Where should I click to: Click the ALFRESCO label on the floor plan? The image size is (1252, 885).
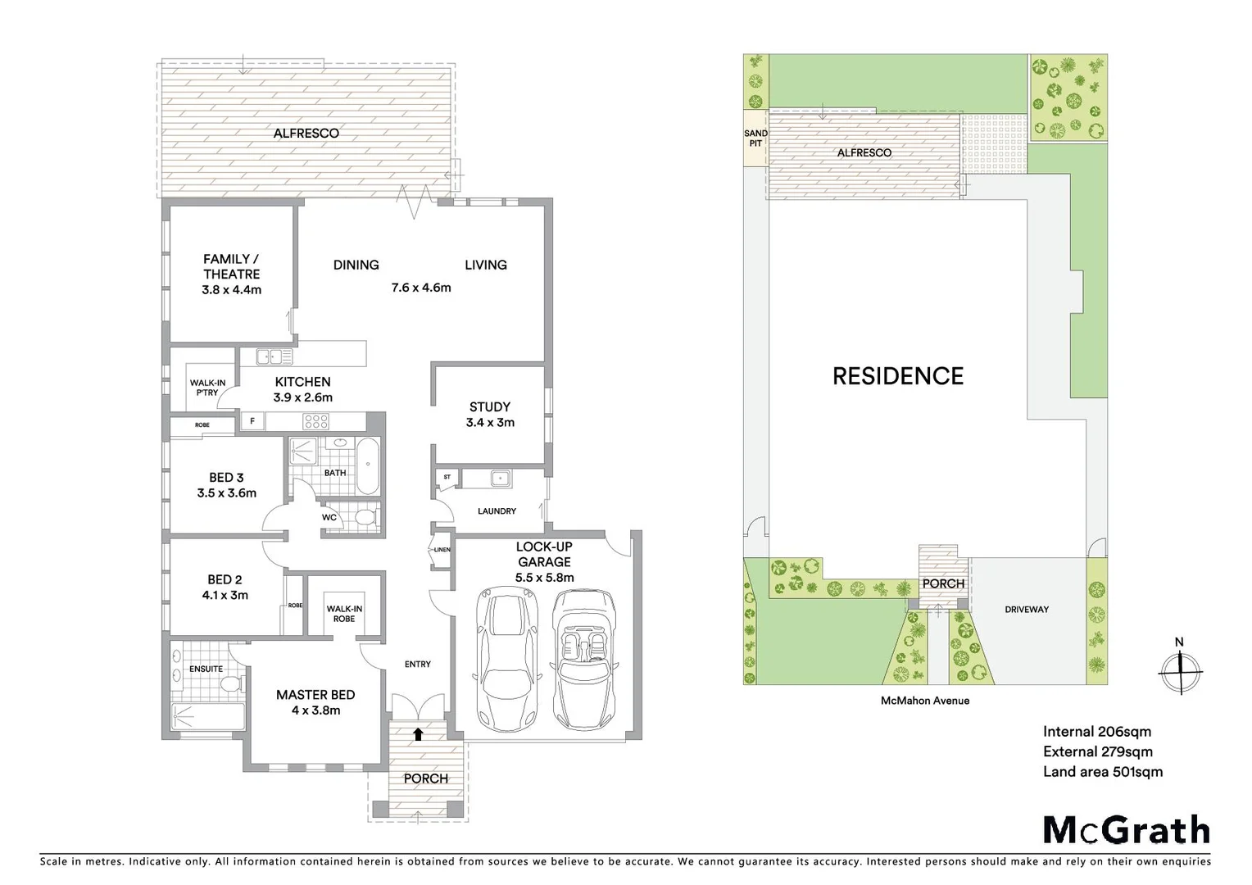click(x=306, y=133)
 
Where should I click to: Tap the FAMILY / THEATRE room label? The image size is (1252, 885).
click(x=231, y=274)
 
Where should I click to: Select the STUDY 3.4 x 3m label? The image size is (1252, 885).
click(x=490, y=415)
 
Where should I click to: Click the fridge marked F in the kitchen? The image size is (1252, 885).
click(x=252, y=422)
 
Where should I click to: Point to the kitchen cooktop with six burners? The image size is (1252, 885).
click(x=316, y=422)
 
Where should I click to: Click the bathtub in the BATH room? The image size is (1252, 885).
click(x=368, y=465)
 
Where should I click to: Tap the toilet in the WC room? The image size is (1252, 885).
click(x=363, y=518)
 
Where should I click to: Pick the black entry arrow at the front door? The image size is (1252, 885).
click(x=418, y=734)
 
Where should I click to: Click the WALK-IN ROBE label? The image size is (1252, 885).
click(x=344, y=614)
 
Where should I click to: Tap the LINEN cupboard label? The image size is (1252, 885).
click(x=442, y=550)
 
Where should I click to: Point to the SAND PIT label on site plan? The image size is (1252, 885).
click(x=755, y=138)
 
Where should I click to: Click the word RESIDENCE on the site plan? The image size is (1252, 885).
click(x=897, y=376)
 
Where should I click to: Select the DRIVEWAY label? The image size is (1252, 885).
click(x=1026, y=610)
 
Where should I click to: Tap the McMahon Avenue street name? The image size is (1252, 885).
click(x=924, y=701)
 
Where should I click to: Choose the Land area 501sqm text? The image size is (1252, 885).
click(x=1102, y=771)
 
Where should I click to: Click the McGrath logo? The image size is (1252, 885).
click(x=1126, y=830)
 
